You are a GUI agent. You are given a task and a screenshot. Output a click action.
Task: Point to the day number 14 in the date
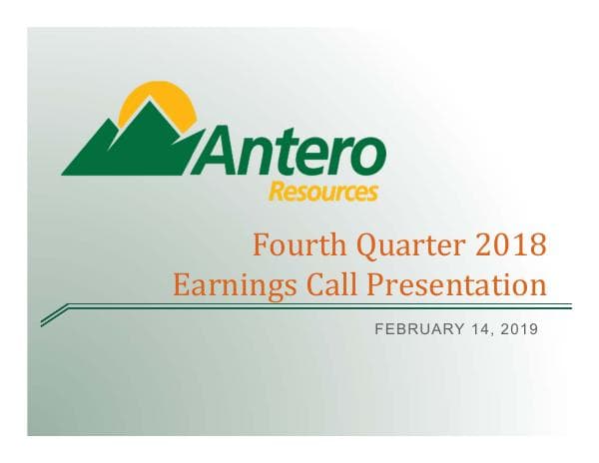[x=469, y=330]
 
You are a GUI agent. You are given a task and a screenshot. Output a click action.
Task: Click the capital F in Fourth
[x=260, y=243]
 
